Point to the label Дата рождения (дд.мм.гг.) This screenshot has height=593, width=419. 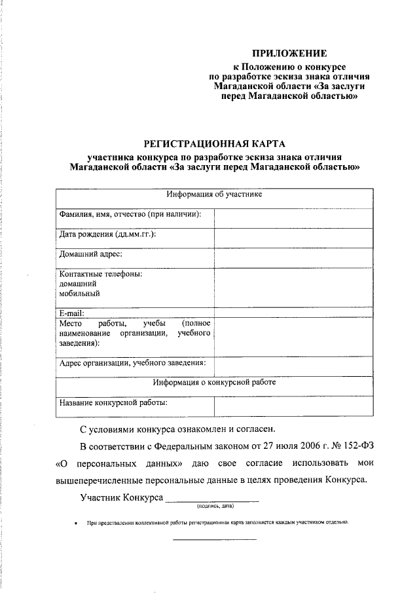[x=107, y=235]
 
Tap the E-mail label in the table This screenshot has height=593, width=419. [x=71, y=313]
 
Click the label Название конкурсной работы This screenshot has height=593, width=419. [x=113, y=403]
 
